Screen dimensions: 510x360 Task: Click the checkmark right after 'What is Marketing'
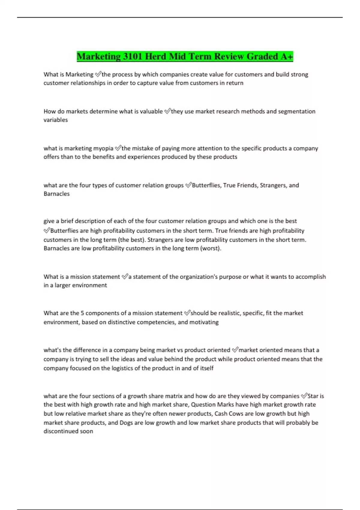click(x=98, y=74)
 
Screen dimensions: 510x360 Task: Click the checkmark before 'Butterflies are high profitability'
click(x=47, y=230)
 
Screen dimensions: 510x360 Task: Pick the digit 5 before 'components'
click(x=82, y=313)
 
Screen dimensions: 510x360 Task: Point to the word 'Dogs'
click(x=126, y=422)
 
